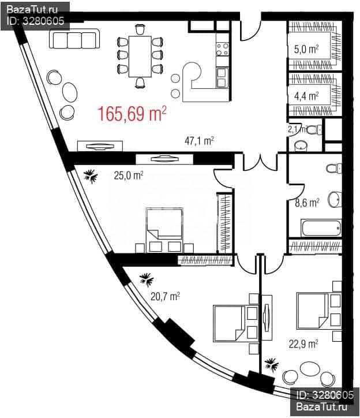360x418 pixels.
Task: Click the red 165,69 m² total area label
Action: pos(132,114)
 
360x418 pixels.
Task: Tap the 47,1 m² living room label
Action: pos(199,141)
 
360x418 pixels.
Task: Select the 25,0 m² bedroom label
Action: pos(129,176)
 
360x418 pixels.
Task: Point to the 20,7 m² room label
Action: pos(165,296)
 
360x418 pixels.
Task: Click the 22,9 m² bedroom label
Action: pos(303,344)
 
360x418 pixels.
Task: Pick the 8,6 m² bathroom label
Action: pos(307,203)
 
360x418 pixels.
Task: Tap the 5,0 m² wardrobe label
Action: pos(306,49)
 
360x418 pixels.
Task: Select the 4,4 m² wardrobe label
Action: pos(306,96)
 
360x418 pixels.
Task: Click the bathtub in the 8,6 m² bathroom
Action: pos(321,227)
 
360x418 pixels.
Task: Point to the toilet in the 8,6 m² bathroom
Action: pos(334,169)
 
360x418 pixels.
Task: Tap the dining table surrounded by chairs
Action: pos(140,56)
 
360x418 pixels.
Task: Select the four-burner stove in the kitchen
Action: pos(222,49)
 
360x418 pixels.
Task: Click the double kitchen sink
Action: pos(222,78)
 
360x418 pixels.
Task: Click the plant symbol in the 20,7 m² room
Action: pos(147,279)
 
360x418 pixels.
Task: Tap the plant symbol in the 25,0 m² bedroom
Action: pos(91,176)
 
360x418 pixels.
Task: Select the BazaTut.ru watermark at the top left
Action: pos(32,10)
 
